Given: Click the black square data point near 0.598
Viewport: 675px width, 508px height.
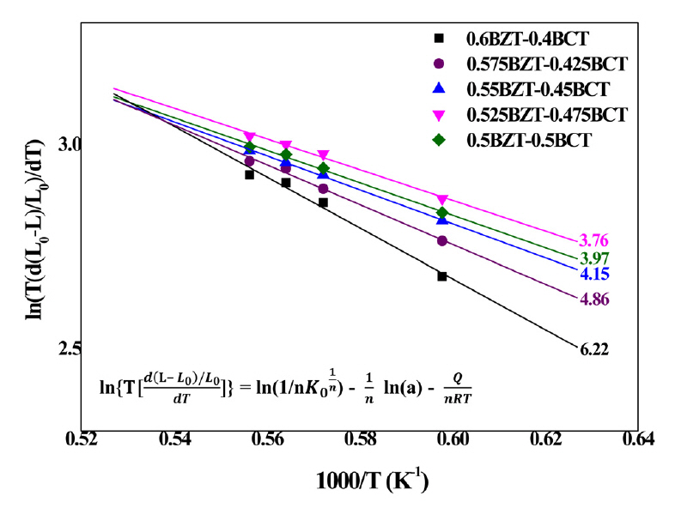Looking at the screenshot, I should tap(442, 276).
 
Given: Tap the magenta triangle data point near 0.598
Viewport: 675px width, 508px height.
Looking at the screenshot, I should tap(442, 200).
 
